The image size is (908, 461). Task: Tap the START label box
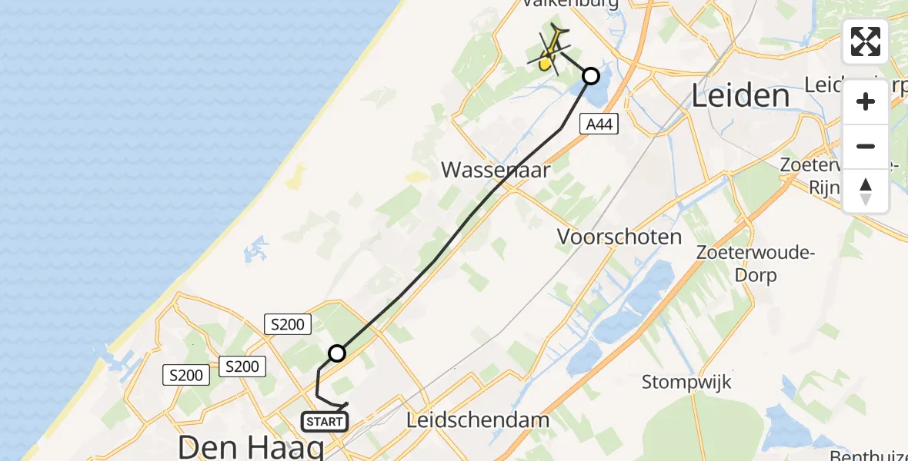click(325, 422)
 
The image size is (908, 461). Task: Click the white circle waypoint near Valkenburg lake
click(590, 76)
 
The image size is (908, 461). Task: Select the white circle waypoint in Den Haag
click(337, 353)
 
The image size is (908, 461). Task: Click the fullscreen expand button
click(866, 41)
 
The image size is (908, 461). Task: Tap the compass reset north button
click(866, 191)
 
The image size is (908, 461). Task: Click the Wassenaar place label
click(496, 170)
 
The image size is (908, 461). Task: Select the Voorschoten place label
click(619, 237)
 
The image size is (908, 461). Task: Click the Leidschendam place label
click(478, 420)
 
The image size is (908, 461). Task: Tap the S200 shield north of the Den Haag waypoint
click(287, 324)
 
